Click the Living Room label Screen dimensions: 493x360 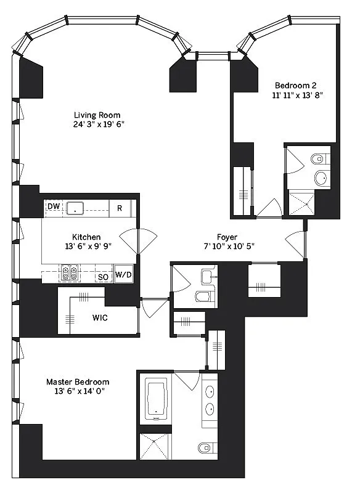point(97,115)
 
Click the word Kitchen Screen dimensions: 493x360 point(86,237)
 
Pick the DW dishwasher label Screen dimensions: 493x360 point(53,208)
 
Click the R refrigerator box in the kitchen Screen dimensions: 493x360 point(120,208)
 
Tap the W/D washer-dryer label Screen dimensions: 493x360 point(123,275)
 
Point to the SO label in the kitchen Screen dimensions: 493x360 point(103,277)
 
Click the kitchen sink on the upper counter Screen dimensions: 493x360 point(76,208)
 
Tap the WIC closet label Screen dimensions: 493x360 point(100,319)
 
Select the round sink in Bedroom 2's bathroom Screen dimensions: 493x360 point(321,179)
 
